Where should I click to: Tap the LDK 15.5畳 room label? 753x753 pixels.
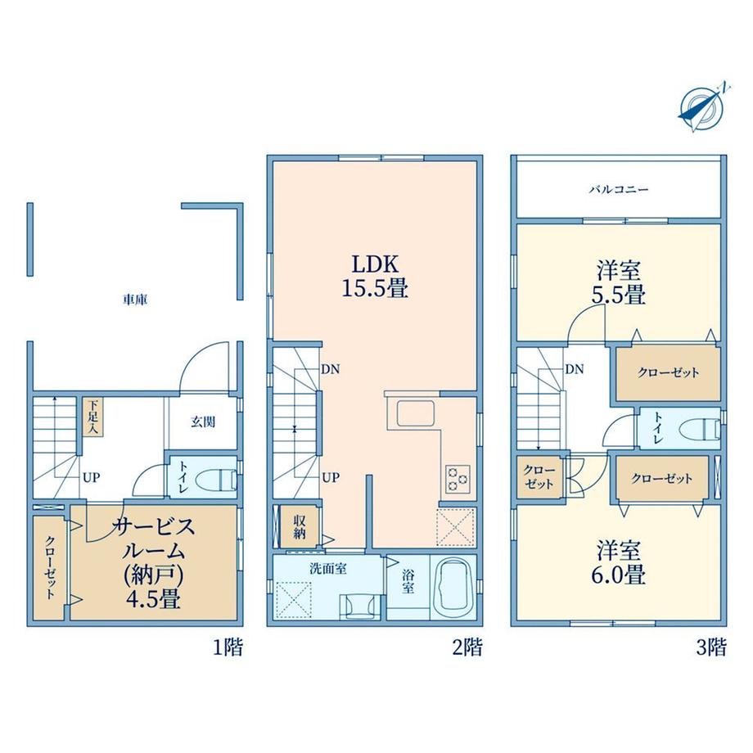376,277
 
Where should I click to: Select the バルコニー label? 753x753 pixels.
619,189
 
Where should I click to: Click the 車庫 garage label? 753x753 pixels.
135,300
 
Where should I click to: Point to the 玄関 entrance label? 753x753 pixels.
203,422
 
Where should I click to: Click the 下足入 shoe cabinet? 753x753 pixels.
92,416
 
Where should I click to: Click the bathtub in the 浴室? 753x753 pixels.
453,588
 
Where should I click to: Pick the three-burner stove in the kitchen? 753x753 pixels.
458,478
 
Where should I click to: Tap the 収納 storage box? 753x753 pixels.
299,525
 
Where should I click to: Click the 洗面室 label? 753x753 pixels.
328,569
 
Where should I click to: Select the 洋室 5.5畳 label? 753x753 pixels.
619,283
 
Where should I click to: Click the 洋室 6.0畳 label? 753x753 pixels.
618,563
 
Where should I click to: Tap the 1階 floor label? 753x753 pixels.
228,648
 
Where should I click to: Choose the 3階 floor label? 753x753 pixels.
711,648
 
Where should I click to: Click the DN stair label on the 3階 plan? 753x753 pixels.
575,369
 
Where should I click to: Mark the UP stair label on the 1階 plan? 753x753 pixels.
91,478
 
